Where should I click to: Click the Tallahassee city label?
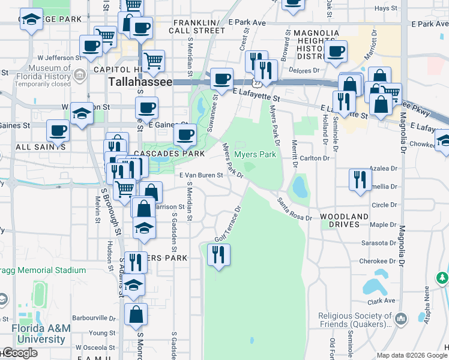tap(139, 82)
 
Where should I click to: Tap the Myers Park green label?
tap(255, 154)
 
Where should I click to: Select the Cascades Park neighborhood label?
tap(164, 153)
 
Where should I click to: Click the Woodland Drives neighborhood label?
tap(344, 220)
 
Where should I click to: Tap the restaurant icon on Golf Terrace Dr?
tap(218, 255)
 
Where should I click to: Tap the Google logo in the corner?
tap(20, 353)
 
